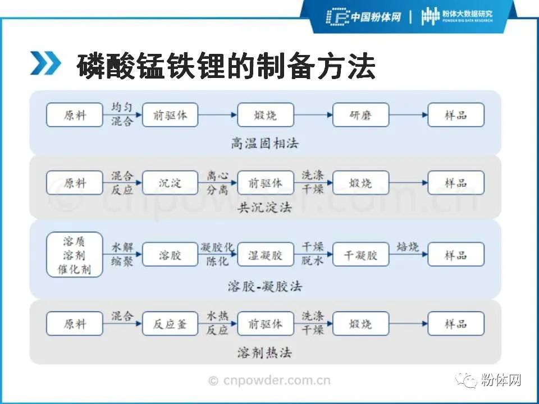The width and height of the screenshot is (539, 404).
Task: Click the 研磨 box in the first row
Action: [x=360, y=116]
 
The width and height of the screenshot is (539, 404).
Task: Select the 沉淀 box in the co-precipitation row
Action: [x=170, y=183]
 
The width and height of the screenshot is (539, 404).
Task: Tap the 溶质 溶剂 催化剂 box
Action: [x=75, y=255]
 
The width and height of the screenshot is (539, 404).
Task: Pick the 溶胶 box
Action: [x=170, y=255]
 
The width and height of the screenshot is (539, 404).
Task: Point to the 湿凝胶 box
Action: [x=266, y=255]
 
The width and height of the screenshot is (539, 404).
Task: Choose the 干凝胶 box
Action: [x=360, y=255]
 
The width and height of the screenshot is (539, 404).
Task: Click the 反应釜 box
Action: [x=170, y=324]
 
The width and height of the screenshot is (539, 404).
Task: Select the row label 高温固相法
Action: [x=265, y=143]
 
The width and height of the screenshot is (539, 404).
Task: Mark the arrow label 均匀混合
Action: [x=122, y=114]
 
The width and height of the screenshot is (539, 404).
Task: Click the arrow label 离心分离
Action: [x=217, y=182]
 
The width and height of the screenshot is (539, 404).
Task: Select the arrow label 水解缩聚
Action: [x=122, y=254]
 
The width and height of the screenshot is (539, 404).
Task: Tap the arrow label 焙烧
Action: [x=408, y=247]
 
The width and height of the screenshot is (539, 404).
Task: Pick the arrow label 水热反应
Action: [x=217, y=323]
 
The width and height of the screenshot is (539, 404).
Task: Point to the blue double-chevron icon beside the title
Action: [x=45, y=65]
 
